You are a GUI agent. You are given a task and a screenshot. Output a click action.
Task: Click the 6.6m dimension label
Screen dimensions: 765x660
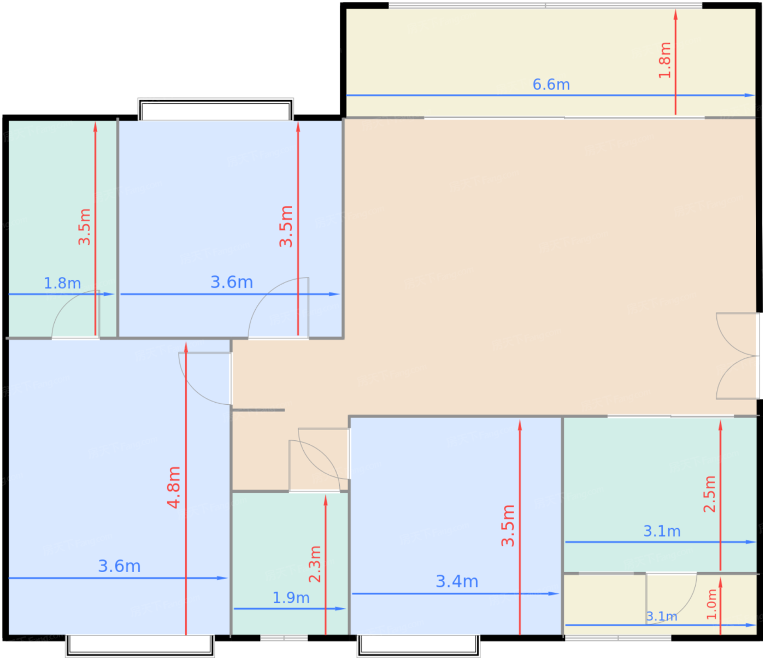click(x=551, y=84)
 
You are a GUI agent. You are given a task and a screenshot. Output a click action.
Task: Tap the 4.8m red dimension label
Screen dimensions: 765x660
click(x=174, y=487)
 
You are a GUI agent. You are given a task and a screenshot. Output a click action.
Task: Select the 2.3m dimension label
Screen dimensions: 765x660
click(x=315, y=564)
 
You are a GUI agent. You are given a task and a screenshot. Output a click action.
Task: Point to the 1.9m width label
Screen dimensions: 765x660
click(x=291, y=598)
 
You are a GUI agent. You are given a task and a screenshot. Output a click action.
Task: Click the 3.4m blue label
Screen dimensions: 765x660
click(x=457, y=581)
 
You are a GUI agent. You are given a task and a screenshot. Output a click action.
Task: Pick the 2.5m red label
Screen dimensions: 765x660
click(x=709, y=494)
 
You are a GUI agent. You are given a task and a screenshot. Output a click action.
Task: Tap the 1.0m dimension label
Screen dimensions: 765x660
click(x=711, y=604)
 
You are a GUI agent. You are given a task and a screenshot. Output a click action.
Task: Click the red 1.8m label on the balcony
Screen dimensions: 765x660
click(x=664, y=60)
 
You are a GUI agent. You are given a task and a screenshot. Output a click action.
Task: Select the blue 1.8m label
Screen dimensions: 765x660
click(x=62, y=284)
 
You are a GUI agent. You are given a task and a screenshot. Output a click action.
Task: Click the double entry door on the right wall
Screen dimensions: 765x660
click(x=737, y=356)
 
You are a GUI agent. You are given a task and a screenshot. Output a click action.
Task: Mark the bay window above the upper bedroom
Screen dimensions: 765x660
click(x=216, y=109)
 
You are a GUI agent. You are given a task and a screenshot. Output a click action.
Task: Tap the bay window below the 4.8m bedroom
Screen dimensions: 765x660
click(x=140, y=646)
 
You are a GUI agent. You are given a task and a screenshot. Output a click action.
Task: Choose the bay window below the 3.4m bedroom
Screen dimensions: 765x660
click(x=418, y=646)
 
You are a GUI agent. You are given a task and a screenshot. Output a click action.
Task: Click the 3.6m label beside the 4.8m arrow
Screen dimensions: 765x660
click(x=119, y=567)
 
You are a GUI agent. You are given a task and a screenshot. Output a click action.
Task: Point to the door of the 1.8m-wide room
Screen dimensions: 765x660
click(x=75, y=314)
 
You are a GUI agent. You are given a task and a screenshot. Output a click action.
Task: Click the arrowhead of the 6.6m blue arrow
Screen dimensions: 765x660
click(x=750, y=95)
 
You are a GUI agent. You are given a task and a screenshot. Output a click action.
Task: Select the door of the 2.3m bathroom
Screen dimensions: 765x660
click(x=315, y=465)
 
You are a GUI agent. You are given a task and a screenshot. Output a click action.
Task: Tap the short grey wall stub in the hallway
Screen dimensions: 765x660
click(x=258, y=410)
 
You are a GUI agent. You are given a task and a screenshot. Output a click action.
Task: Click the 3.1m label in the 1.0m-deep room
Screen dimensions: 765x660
click(x=661, y=616)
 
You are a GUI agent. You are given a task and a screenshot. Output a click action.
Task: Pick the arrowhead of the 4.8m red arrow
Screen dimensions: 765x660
click(x=186, y=347)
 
